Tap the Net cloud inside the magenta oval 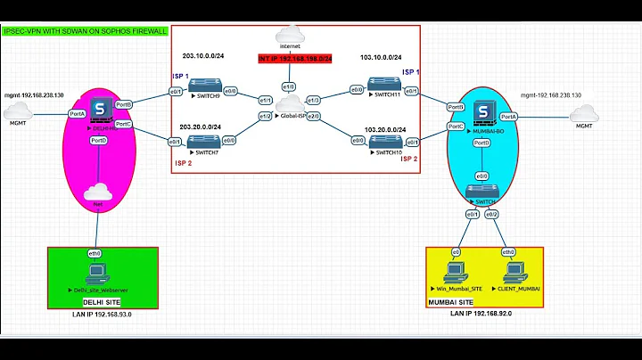(97, 192)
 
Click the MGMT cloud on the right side (584, 113)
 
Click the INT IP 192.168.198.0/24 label (295, 59)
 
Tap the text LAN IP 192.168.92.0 (482, 315)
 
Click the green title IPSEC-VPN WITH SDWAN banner (86, 31)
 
